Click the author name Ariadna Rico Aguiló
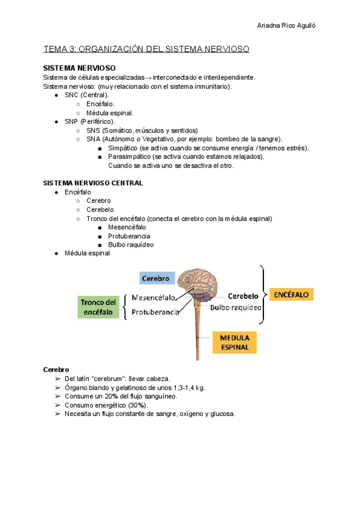[286, 26]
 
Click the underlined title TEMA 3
[146, 49]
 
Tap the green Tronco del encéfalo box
[99, 307]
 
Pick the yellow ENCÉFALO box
[292, 295]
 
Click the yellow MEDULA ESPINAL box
[235, 342]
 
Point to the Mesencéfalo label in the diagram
[154, 298]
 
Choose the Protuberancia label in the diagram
[155, 313]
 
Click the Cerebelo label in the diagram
[243, 296]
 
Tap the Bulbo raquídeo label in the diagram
[236, 307]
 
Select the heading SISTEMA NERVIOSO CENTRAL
[93, 182]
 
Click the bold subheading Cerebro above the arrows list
[56, 369]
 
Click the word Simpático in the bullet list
[123, 148]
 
